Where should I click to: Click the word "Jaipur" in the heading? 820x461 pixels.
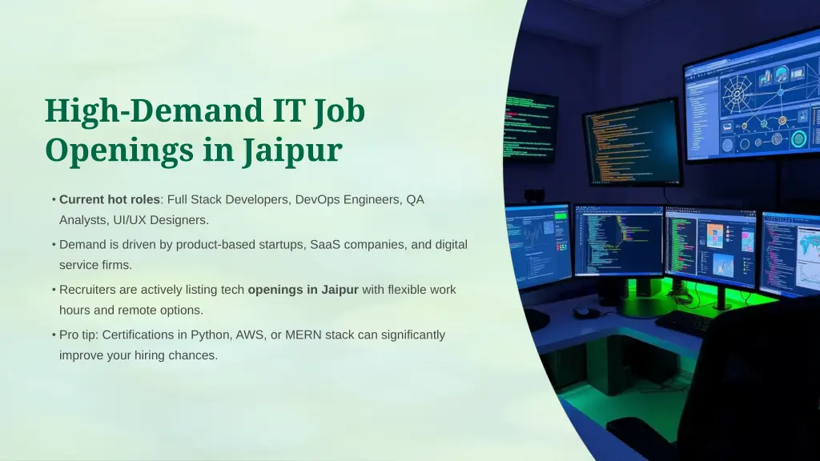click(x=292, y=150)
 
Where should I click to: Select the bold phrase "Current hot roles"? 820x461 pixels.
click(x=110, y=199)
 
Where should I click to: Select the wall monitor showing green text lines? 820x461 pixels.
click(x=529, y=126)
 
